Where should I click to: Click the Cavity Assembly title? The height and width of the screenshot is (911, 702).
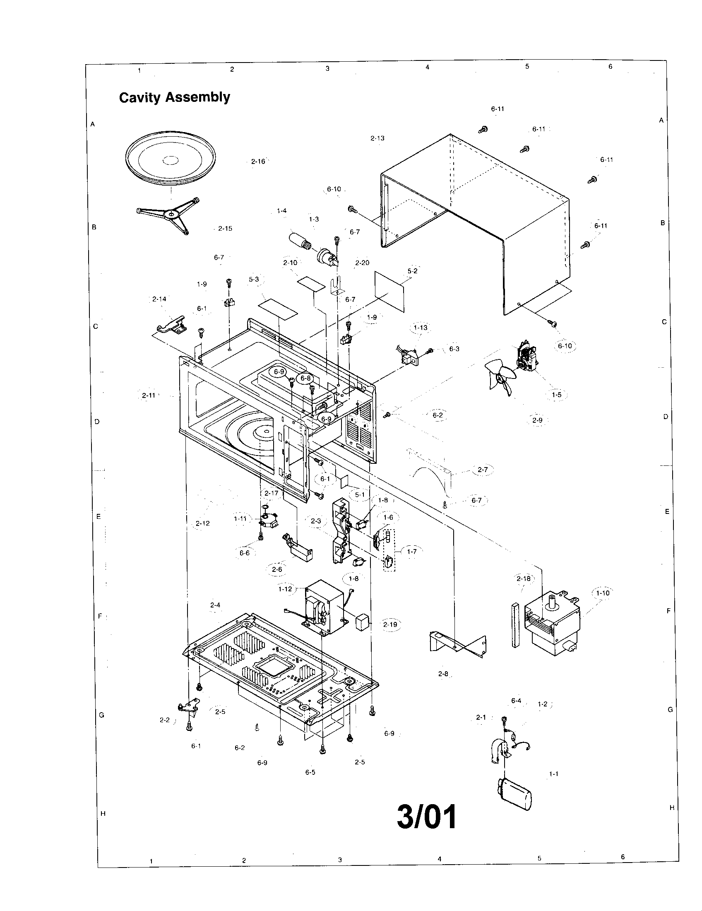click(x=174, y=97)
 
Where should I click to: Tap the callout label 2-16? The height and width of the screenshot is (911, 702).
click(x=258, y=161)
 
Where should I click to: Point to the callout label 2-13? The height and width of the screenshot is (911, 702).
click(x=377, y=138)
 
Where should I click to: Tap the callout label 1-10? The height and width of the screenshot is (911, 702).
click(x=602, y=593)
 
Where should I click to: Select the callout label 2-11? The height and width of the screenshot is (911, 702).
click(x=149, y=395)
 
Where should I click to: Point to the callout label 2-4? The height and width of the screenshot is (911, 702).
click(x=215, y=605)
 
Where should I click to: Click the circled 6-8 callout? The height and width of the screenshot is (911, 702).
click(x=305, y=378)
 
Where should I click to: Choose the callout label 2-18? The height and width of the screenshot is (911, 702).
click(x=524, y=578)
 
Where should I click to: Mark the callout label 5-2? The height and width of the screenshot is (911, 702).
click(x=412, y=271)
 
